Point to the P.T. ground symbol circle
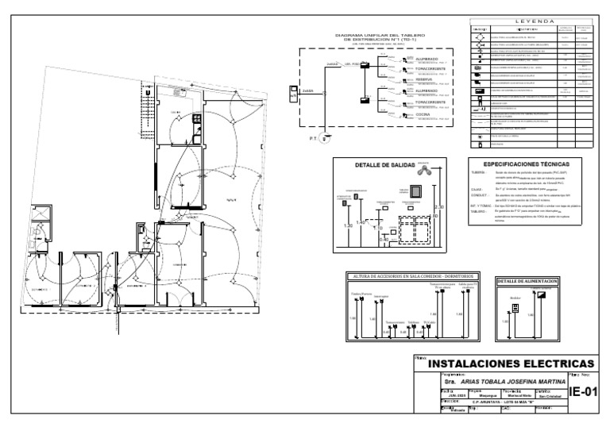click(324, 138)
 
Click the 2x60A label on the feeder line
click(308, 91)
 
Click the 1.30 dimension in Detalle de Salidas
click(347, 226)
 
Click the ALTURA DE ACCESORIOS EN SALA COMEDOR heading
click(411, 275)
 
